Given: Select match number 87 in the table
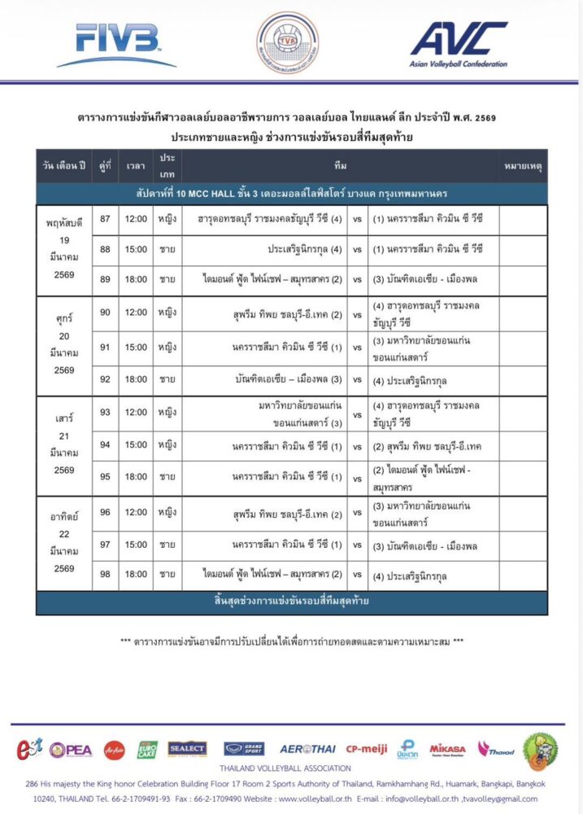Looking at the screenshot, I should [x=104, y=219].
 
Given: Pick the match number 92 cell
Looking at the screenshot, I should [x=104, y=379].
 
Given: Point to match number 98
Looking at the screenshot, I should [x=104, y=575].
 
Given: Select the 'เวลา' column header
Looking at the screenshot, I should [x=136, y=165].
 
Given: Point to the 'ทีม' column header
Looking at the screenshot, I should [x=340, y=165].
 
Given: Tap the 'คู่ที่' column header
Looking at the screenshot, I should [x=104, y=165].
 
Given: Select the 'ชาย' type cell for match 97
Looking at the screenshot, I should [x=168, y=544].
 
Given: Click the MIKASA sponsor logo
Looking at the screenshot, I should [x=447, y=749].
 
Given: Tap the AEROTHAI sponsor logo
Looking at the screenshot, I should [x=308, y=749].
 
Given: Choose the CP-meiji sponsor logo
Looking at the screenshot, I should [x=367, y=749].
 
